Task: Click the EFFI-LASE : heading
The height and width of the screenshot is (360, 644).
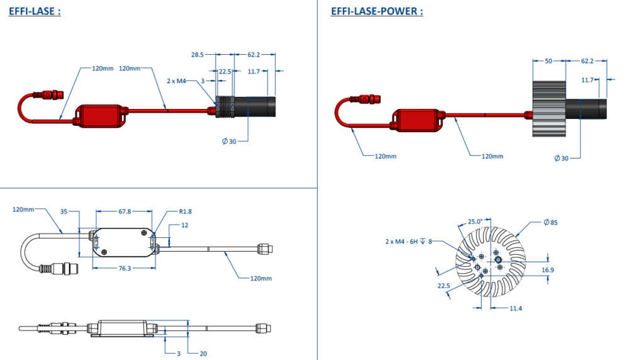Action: click(35, 11)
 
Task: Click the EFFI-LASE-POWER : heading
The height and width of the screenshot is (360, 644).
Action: click(377, 11)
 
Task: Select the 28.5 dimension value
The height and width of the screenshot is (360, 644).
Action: click(197, 55)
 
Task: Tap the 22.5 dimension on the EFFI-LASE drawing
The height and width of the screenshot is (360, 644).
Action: click(225, 71)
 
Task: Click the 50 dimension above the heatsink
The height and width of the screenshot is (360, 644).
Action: click(547, 61)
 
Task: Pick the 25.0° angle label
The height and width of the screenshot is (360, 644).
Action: click(475, 222)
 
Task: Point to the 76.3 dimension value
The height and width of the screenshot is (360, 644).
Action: click(124, 268)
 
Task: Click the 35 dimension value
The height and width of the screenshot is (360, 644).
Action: click(64, 211)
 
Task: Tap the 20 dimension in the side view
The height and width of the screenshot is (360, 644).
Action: click(203, 353)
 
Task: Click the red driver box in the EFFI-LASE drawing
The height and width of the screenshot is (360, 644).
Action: click(100, 116)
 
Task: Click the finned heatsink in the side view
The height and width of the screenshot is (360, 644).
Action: click(548, 110)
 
